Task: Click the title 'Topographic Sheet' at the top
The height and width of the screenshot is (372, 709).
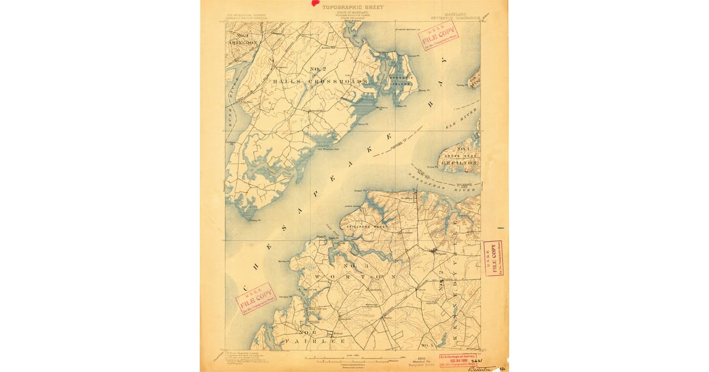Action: point(353,8)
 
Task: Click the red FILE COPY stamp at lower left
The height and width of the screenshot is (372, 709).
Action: point(256,299)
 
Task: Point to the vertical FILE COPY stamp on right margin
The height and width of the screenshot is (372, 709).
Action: point(493,259)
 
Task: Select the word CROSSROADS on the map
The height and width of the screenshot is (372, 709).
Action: point(338,81)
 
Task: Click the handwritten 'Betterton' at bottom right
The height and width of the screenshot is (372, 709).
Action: point(482,368)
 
